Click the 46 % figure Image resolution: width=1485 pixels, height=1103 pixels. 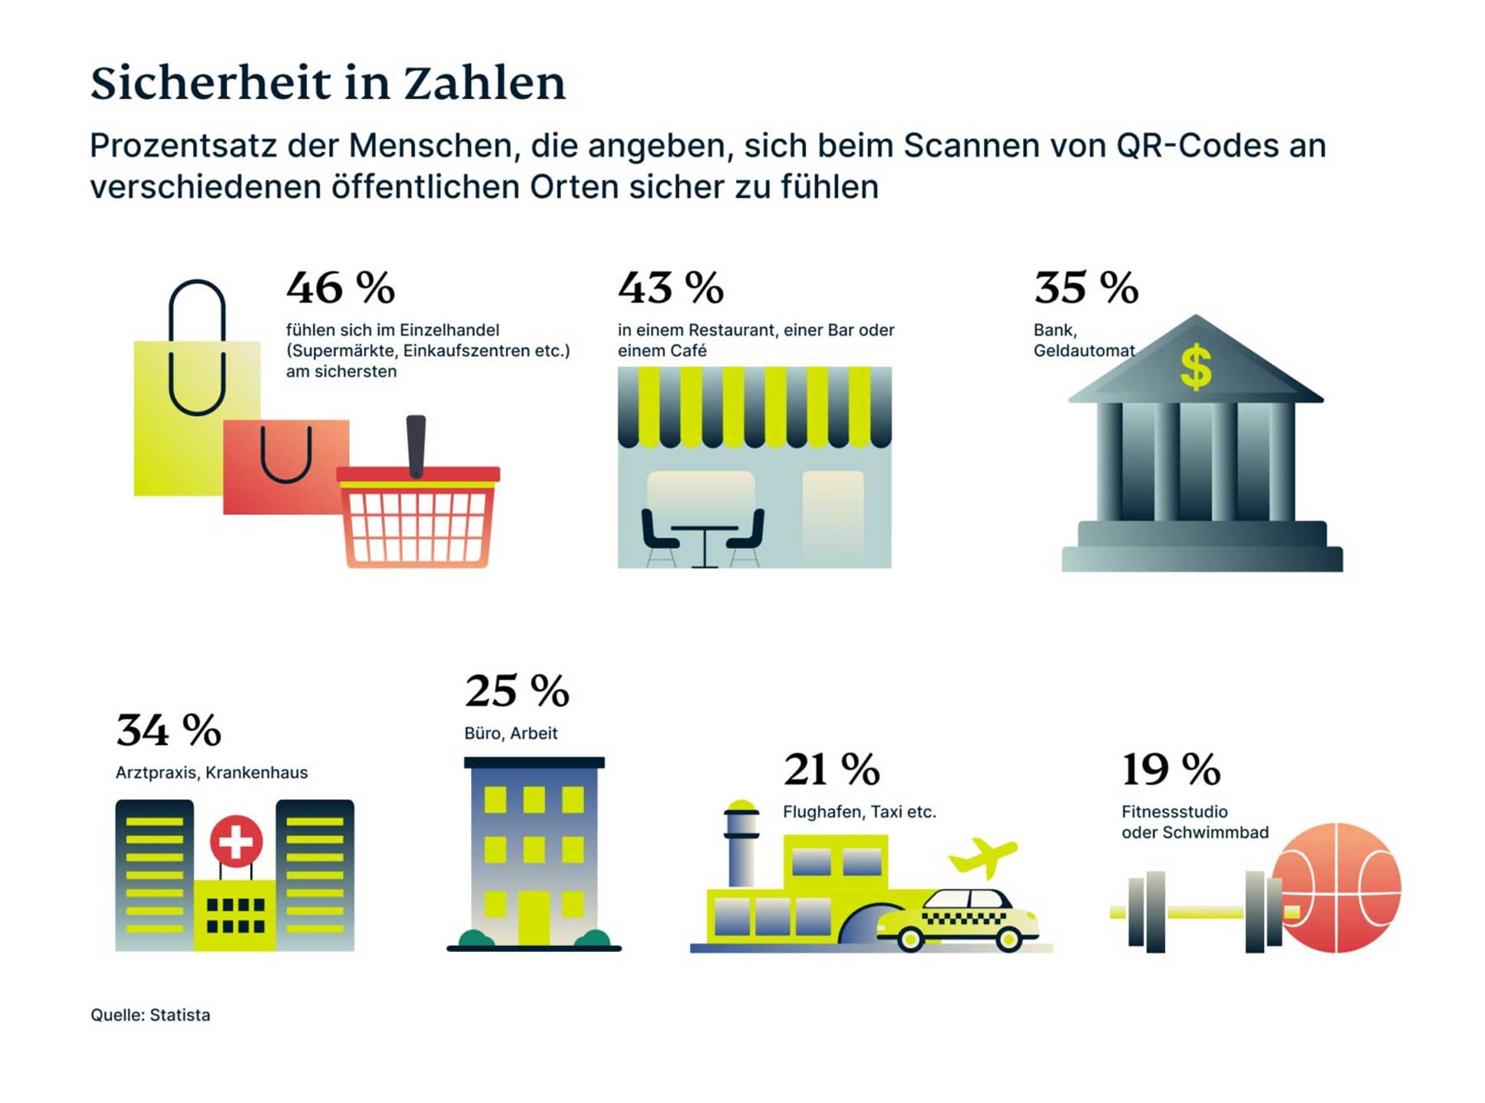[340, 288]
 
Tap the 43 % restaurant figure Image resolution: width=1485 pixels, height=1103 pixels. [670, 288]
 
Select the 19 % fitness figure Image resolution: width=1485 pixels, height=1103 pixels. [1170, 769]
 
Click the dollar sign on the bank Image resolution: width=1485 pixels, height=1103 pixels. [1195, 367]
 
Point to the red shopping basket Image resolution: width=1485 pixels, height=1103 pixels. [417, 516]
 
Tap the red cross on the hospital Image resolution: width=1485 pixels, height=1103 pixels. [236, 841]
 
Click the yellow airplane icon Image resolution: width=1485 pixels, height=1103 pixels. [983, 856]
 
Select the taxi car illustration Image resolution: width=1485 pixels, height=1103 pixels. [957, 920]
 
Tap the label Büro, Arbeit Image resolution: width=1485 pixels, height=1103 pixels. [511, 733]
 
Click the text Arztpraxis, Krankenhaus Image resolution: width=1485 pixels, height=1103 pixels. [211, 773]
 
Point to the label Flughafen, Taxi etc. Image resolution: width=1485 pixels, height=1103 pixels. [859, 812]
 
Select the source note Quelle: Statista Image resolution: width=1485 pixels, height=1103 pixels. [150, 1015]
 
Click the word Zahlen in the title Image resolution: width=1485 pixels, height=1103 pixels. [484, 83]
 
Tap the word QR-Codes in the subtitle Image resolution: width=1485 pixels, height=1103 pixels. [1198, 146]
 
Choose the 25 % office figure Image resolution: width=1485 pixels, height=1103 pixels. [516, 691]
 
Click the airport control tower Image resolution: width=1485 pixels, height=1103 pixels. [741, 841]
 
